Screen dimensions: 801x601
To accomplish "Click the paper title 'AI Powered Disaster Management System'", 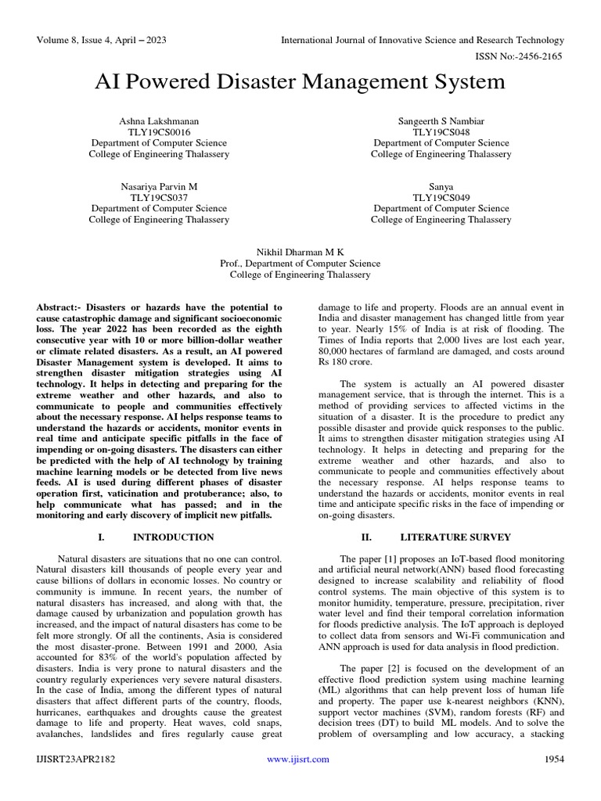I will coord(300,82).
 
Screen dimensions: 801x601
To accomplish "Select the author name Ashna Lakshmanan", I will coord(159,121).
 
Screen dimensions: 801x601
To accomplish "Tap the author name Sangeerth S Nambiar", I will coord(441,121).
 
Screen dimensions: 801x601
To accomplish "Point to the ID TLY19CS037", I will coord(159,198).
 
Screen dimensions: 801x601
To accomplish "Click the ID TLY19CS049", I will coord(441,198).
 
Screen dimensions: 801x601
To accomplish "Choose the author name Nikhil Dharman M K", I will coord(300,253).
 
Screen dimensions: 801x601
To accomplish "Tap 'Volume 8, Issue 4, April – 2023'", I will coord(101,40).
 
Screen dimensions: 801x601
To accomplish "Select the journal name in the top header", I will coord(422,40).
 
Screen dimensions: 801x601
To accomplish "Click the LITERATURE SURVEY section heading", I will coord(455,537).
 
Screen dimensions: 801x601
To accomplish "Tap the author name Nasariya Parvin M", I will coord(159,187).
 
